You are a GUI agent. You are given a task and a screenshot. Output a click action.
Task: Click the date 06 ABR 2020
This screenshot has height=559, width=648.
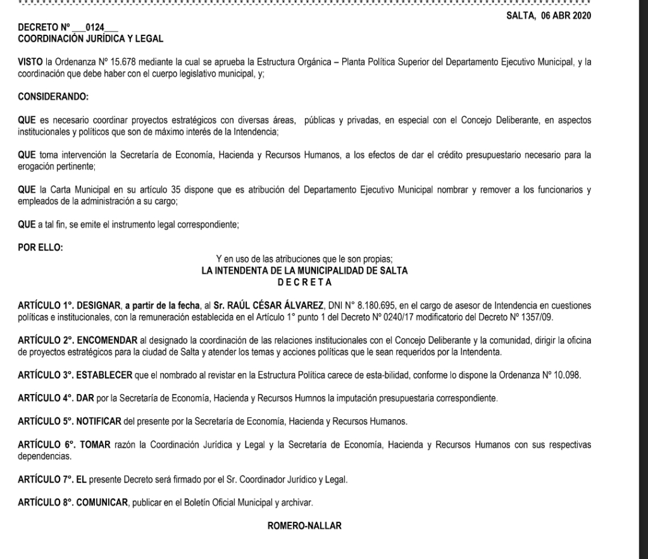(566, 16)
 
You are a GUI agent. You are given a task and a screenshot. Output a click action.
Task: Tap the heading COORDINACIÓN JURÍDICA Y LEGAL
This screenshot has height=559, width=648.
(90, 39)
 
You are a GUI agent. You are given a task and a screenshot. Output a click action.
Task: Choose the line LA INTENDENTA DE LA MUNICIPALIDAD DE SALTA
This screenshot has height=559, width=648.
(304, 271)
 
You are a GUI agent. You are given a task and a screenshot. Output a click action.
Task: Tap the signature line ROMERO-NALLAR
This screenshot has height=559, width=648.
(305, 524)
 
